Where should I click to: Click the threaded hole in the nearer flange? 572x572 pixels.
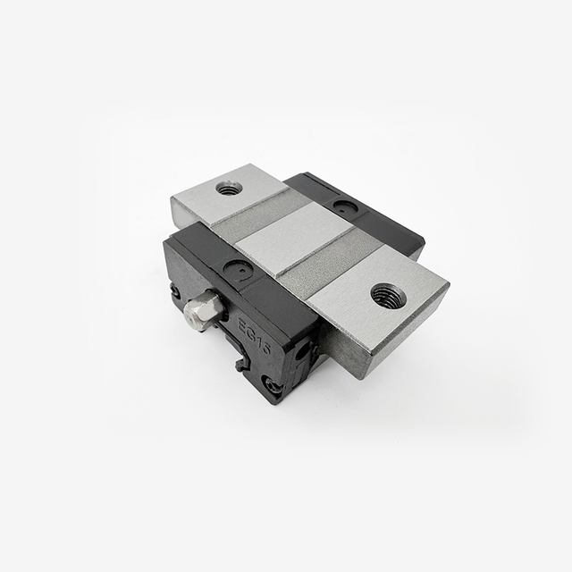tap(388, 295)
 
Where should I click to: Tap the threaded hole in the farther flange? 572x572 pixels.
tap(229, 188)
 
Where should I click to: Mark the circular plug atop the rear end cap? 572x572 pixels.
tap(344, 207)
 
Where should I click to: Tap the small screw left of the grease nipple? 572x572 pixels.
tap(175, 291)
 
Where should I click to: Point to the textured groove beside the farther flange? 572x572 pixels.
tap(259, 214)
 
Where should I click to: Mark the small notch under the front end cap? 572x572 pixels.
tap(242, 362)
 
